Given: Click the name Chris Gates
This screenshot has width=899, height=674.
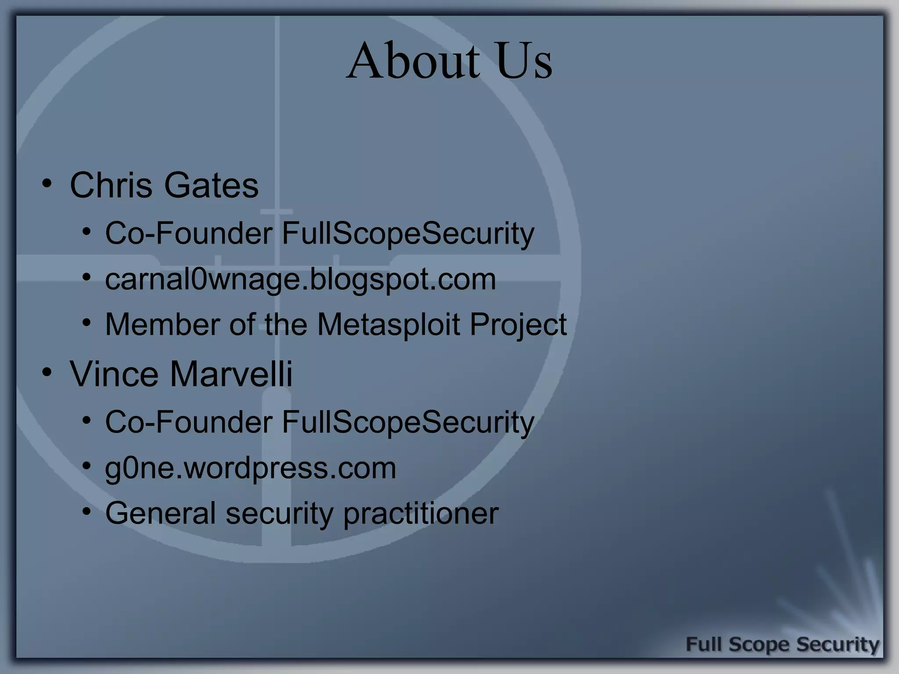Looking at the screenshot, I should (x=164, y=185).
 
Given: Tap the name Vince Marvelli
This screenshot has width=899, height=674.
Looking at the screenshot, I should (x=181, y=374).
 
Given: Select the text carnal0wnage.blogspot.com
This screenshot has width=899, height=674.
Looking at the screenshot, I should (x=300, y=279).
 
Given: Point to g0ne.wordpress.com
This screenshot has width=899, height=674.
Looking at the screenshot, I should (x=250, y=468).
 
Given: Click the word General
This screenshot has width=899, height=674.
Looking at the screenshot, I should (x=160, y=513).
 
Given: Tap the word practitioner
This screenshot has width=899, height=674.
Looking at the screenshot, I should (x=421, y=513).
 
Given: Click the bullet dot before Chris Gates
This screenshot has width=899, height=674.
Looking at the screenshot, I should (x=47, y=183).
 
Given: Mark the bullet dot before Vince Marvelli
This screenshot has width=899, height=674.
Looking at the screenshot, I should (x=47, y=373).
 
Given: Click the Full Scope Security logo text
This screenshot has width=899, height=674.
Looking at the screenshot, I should (x=782, y=645).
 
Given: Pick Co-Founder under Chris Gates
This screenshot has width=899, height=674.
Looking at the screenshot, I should (x=188, y=233).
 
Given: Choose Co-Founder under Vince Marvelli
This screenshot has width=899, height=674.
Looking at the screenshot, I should (x=188, y=422).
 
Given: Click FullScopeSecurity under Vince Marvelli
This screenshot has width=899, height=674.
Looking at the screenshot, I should (x=408, y=422).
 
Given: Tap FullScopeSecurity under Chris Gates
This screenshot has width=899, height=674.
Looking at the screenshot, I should (x=408, y=233).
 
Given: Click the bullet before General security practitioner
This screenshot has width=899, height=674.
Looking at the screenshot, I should (x=86, y=511).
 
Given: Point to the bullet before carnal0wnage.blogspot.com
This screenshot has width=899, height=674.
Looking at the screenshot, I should (x=86, y=277).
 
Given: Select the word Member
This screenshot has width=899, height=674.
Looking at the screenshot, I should (x=162, y=325).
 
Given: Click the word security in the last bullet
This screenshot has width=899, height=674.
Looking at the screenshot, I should (x=279, y=513).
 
